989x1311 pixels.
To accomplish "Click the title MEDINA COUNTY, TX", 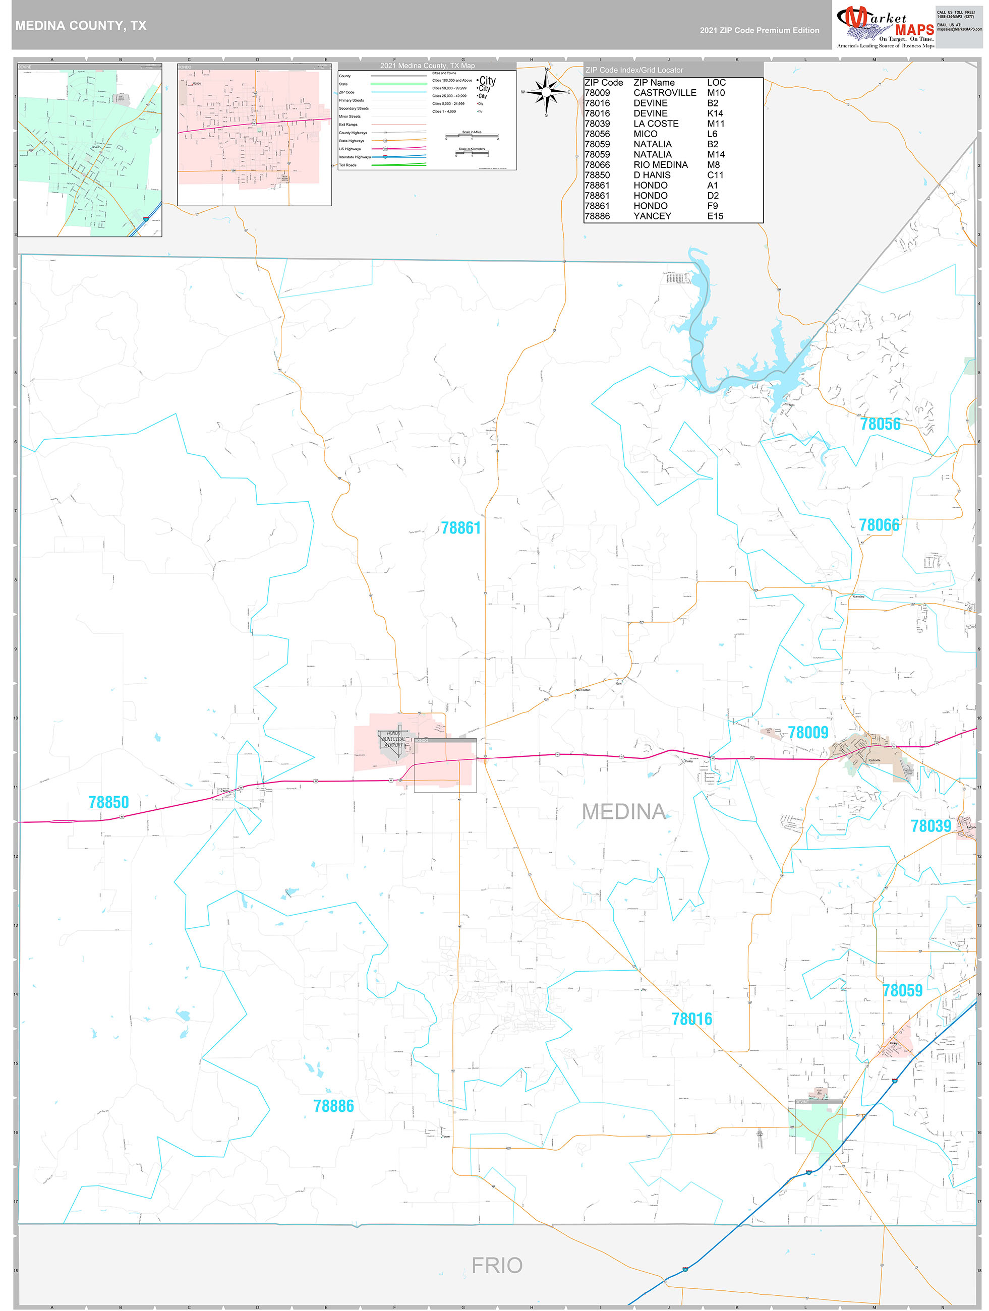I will click(x=81, y=26).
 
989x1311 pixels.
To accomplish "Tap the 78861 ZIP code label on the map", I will click(x=460, y=528).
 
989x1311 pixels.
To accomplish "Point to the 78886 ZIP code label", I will click(x=333, y=1106).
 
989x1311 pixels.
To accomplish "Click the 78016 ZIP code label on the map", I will click(x=691, y=1019).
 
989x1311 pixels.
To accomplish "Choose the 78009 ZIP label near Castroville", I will click(x=807, y=733).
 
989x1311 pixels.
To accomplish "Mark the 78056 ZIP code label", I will click(x=880, y=425).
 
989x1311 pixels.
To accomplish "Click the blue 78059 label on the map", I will click(x=902, y=990).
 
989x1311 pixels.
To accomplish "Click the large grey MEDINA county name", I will click(x=623, y=811).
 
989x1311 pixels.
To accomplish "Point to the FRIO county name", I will click(x=497, y=1265).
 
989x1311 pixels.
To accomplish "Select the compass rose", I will click(x=546, y=92).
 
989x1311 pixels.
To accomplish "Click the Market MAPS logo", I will click(x=885, y=26).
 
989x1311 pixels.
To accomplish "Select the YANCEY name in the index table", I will click(x=652, y=216).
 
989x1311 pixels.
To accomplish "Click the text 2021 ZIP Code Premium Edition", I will click(x=760, y=30).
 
